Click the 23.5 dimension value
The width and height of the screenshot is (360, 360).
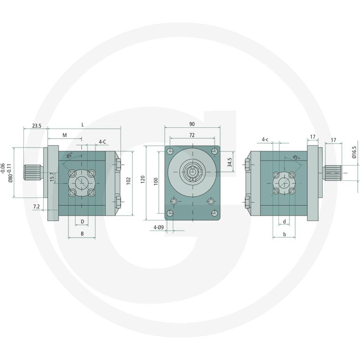pos(36,126)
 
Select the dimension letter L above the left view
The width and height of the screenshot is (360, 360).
pos(83,125)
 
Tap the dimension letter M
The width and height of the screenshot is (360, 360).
pos(65,135)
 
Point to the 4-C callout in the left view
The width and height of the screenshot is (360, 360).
pos(103,142)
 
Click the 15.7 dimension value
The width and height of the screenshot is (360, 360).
pos(52,177)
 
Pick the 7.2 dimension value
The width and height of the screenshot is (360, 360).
pos(36,207)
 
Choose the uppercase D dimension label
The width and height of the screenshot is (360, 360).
pos(82,221)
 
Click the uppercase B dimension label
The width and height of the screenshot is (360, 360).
pos(82,234)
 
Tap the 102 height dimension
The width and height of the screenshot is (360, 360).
pos(128,181)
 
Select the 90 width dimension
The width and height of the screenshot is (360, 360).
pos(192,124)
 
